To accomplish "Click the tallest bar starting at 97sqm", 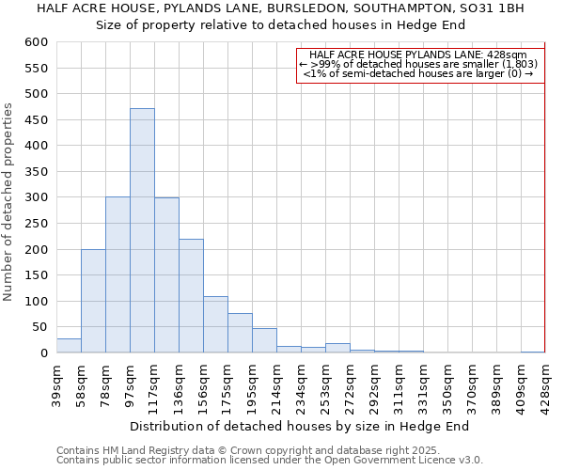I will pos(142,230).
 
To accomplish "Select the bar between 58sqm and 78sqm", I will pos(93,301).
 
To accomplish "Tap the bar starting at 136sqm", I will pos(191,295).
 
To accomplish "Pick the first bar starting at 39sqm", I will pos(69,345).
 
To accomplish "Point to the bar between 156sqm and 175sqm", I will pos(215,324).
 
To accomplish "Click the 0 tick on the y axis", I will pos(43,353).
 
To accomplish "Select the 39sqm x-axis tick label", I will pos(56,383).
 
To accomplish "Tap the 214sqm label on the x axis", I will pos(276,384).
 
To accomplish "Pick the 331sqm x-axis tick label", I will pos(423,384).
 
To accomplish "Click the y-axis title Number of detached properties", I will pos(9,202).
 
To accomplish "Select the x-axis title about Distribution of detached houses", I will pos(299,426).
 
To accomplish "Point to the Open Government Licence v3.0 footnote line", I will pos(269,460).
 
